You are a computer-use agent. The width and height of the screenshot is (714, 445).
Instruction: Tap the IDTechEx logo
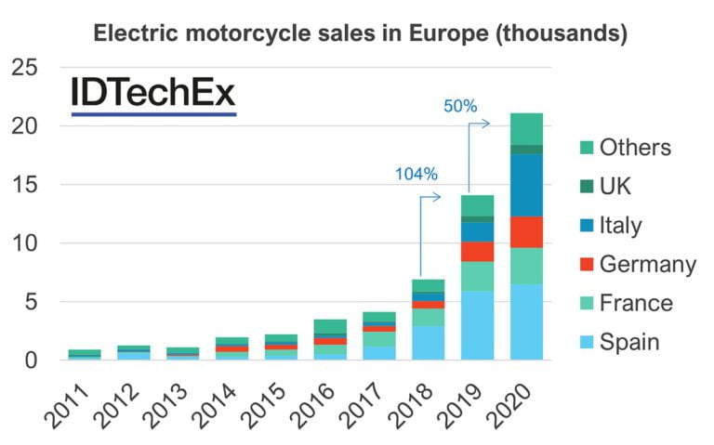click(x=153, y=94)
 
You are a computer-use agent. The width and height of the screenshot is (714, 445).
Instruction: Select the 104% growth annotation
click(x=416, y=174)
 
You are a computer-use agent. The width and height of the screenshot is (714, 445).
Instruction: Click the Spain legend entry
click(x=616, y=342)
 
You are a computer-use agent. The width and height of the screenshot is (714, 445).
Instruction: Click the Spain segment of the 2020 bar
click(x=526, y=321)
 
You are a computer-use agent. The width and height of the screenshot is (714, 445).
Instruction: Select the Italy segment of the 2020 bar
click(x=526, y=185)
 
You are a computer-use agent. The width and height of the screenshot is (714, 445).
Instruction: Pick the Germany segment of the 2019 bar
click(x=478, y=252)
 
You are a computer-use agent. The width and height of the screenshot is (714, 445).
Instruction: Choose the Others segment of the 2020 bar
click(x=526, y=129)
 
